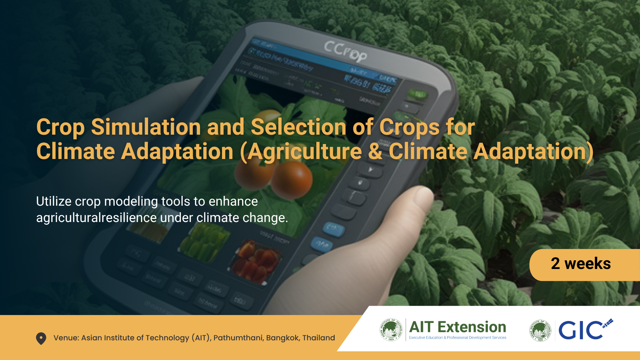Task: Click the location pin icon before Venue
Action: coord(41,338)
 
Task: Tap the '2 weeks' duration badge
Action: coord(581,264)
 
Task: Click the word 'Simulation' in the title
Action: coord(146,127)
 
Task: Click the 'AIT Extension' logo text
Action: coord(457,327)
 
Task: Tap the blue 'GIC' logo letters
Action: coord(580,331)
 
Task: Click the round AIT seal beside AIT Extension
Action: coord(391,330)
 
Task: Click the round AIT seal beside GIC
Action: coord(540,330)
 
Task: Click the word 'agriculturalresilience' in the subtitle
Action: coord(96,218)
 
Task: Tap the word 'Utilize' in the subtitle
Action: coord(54,201)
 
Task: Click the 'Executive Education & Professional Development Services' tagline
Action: coord(457,338)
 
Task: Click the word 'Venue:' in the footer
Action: coord(66,338)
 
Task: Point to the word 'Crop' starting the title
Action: coord(60,128)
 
